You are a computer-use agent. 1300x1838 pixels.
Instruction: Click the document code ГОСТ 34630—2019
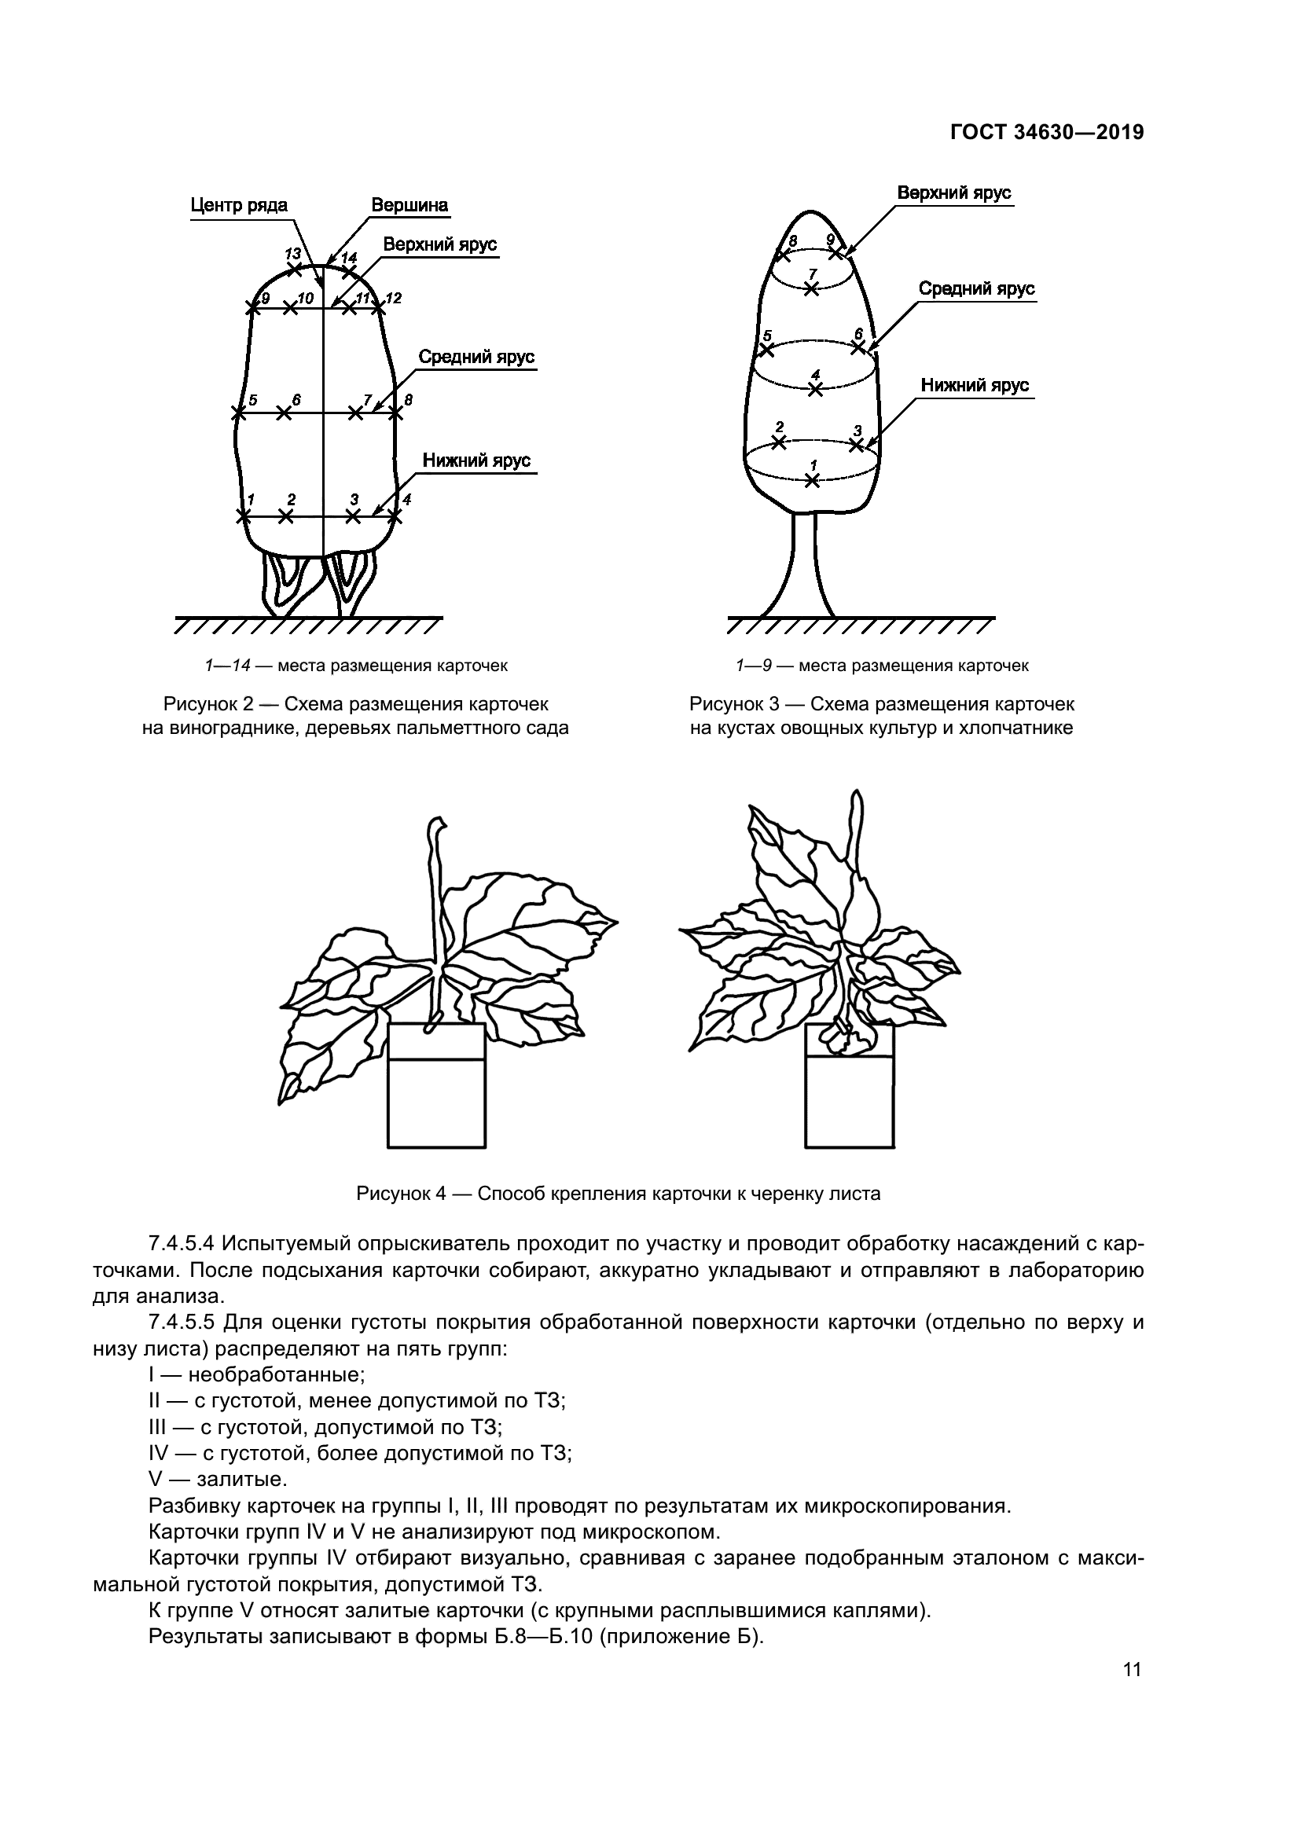1046,133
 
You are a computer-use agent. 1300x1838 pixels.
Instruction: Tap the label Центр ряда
239,206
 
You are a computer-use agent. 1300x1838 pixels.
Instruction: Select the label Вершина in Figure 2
409,206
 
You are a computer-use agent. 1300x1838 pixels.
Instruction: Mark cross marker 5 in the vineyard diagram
237,413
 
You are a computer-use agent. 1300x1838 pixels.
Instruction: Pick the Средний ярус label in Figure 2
476,357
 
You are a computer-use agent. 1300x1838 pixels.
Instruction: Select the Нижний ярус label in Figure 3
974,386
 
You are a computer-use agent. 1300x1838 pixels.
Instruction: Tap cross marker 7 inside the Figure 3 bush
812,287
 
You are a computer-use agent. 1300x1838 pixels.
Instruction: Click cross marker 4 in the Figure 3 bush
816,389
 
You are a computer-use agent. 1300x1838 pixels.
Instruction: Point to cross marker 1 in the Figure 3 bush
813,480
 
